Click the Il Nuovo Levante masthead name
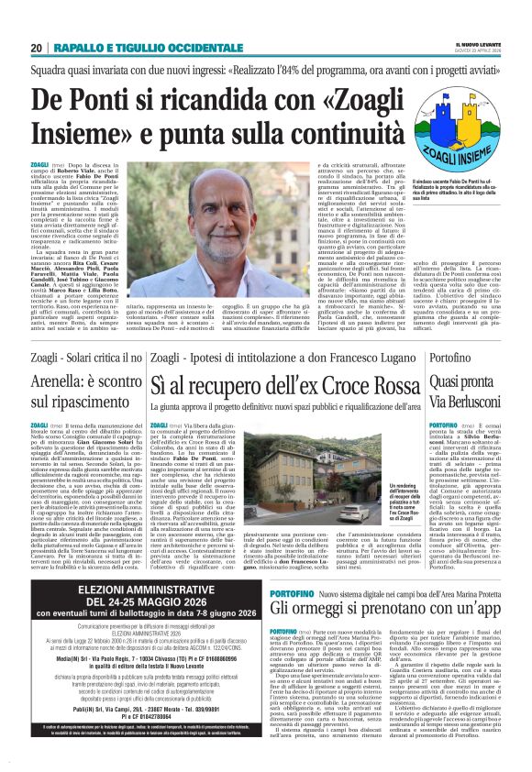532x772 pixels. coord(468,43)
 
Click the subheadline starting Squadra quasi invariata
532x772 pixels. coord(266,70)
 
